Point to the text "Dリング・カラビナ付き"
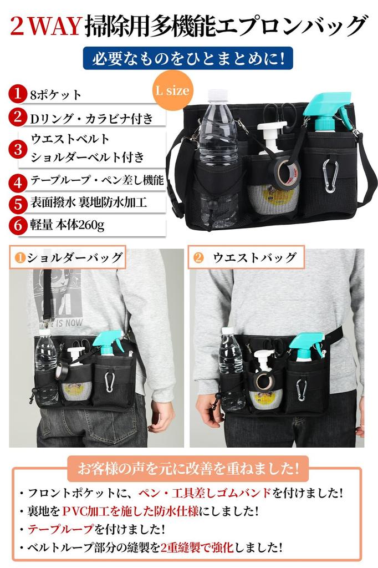91,118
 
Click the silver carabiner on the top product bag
330,176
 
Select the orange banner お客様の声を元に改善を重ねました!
187,468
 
